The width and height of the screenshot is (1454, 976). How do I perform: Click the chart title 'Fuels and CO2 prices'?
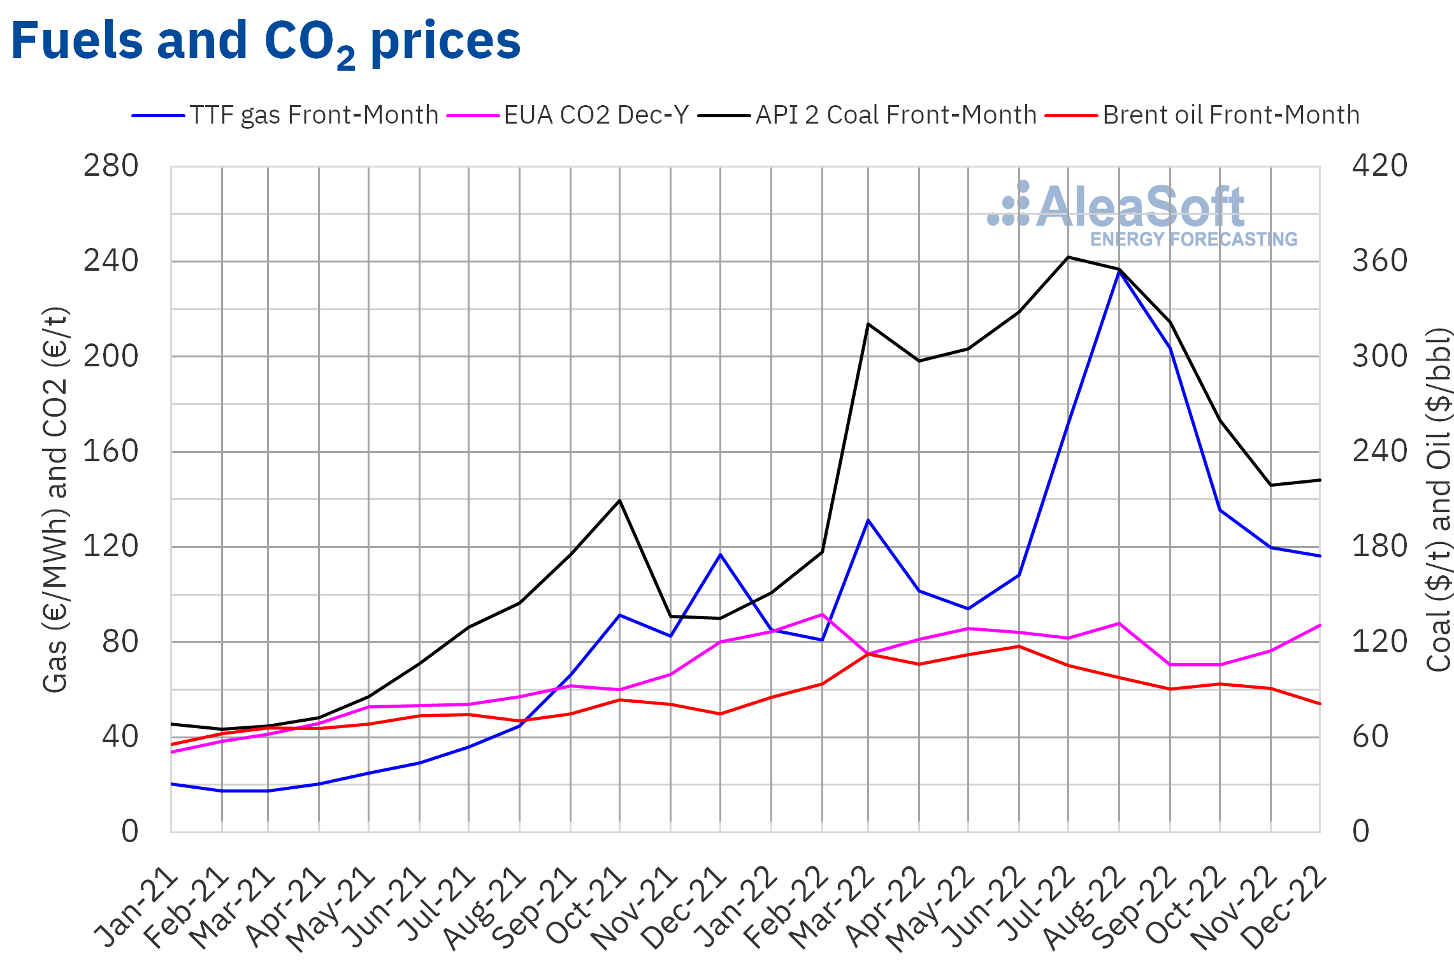[266, 42]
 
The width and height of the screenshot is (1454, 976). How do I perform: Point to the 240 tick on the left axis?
[111, 261]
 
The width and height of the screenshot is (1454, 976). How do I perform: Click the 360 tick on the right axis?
[1379, 261]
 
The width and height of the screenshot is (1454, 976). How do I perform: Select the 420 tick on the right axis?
[1379, 166]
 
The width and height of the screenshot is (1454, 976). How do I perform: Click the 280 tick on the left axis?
[111, 166]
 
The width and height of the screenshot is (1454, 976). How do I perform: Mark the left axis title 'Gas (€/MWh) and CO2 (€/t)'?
[55, 499]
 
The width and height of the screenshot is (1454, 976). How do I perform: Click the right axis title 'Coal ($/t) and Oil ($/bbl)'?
[1438, 499]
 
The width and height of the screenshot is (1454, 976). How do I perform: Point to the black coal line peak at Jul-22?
[1069, 257]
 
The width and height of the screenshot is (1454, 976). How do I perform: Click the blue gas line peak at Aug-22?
[1119, 272]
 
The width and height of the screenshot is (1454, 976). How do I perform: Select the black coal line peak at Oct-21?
[619, 501]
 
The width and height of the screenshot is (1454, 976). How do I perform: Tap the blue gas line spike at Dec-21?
[721, 555]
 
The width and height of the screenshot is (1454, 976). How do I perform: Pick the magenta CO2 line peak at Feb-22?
[822, 615]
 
